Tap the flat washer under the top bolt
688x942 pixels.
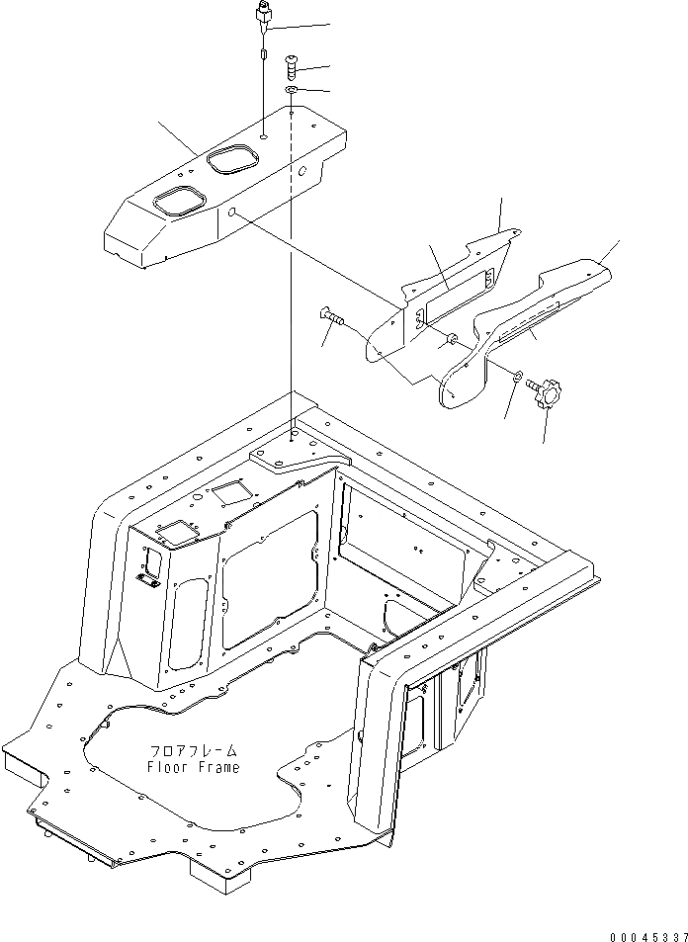coord(293,91)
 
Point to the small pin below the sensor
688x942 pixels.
coord(263,57)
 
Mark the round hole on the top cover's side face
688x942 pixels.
coord(232,214)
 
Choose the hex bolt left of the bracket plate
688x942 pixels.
coord(331,317)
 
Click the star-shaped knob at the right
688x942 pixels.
coord(546,392)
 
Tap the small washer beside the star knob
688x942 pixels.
coord(517,374)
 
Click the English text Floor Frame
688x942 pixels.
coord(193,767)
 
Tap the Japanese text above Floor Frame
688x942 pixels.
coord(193,752)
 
